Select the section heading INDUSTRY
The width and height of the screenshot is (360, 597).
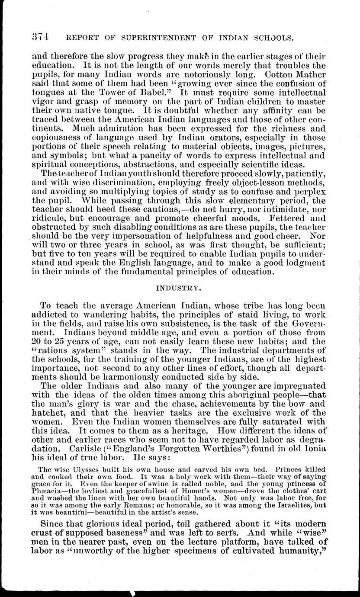coord(179,286)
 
